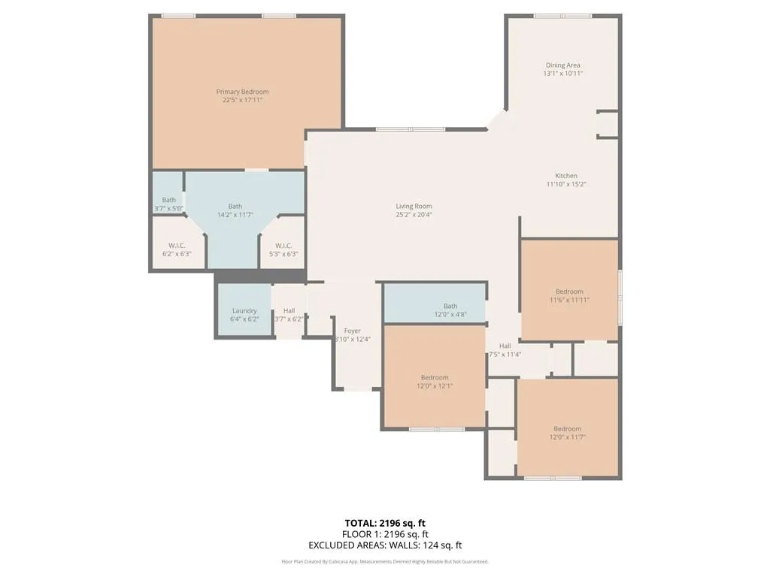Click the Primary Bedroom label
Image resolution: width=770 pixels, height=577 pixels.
[x=242, y=92]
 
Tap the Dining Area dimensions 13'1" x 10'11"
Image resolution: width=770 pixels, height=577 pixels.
[x=562, y=74]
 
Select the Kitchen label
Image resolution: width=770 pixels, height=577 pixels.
[x=566, y=176]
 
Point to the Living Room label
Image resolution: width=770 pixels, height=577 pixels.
[x=414, y=206]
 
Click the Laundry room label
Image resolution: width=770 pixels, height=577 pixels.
[x=244, y=310]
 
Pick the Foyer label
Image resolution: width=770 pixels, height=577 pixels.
[x=352, y=331]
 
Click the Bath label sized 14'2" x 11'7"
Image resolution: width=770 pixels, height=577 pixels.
[x=235, y=206]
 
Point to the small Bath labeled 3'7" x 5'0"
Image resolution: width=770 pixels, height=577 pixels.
[x=168, y=200]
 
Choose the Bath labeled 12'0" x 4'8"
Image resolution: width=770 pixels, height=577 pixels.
[x=450, y=306]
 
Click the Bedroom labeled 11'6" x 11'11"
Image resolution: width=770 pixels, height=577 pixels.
[x=569, y=292]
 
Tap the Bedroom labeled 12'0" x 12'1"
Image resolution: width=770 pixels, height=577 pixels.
[x=435, y=377]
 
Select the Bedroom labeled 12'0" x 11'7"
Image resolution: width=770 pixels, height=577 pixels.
[x=567, y=429]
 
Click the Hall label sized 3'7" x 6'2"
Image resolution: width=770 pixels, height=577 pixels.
[x=289, y=310]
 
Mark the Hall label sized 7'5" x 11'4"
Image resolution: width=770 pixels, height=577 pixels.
[x=505, y=346]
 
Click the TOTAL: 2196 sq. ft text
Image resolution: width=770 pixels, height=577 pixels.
[x=385, y=523]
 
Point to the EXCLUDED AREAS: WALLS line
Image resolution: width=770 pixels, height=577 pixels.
[x=385, y=545]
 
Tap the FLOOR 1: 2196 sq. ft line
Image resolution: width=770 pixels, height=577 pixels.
[x=385, y=534]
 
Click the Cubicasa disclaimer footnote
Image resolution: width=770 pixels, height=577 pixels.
[x=385, y=561]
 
